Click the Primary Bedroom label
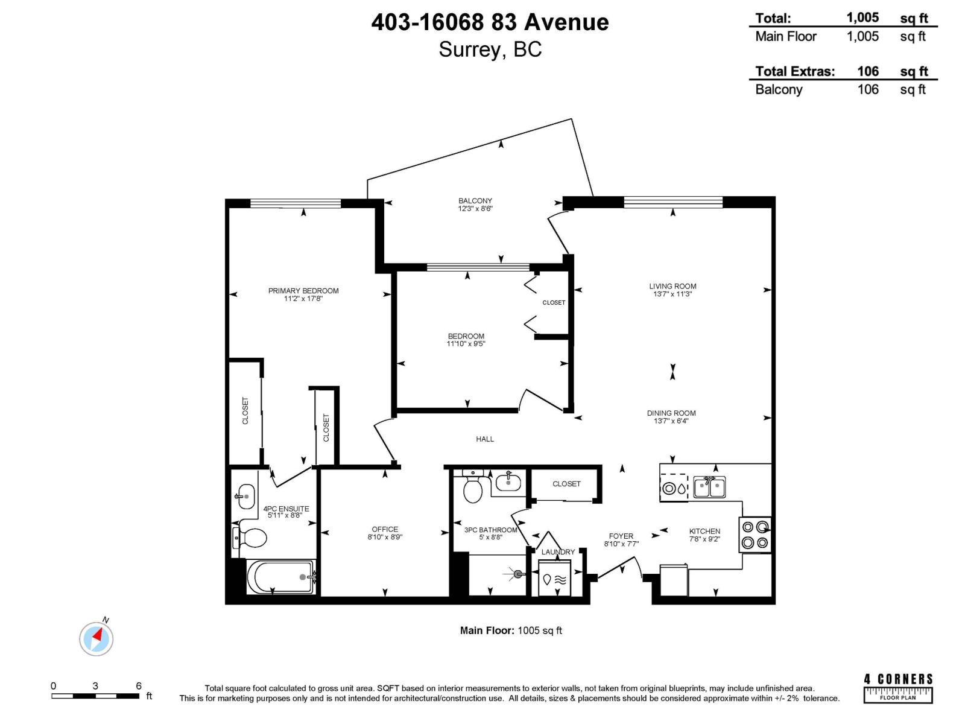click(x=303, y=291)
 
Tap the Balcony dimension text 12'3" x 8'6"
click(x=475, y=209)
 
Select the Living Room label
click(x=672, y=287)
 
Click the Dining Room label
click(x=671, y=413)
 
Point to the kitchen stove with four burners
click(x=756, y=535)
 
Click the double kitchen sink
click(x=709, y=487)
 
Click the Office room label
click(x=385, y=529)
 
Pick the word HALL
click(x=485, y=439)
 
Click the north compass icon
click(x=96, y=638)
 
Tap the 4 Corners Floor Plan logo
click(x=898, y=688)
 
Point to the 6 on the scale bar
click(x=139, y=686)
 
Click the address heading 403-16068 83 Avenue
click(x=490, y=22)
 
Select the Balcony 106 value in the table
click(x=868, y=89)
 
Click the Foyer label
click(x=621, y=536)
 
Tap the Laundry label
click(x=558, y=552)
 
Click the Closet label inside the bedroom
click(x=554, y=303)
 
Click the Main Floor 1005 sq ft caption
click(x=511, y=630)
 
